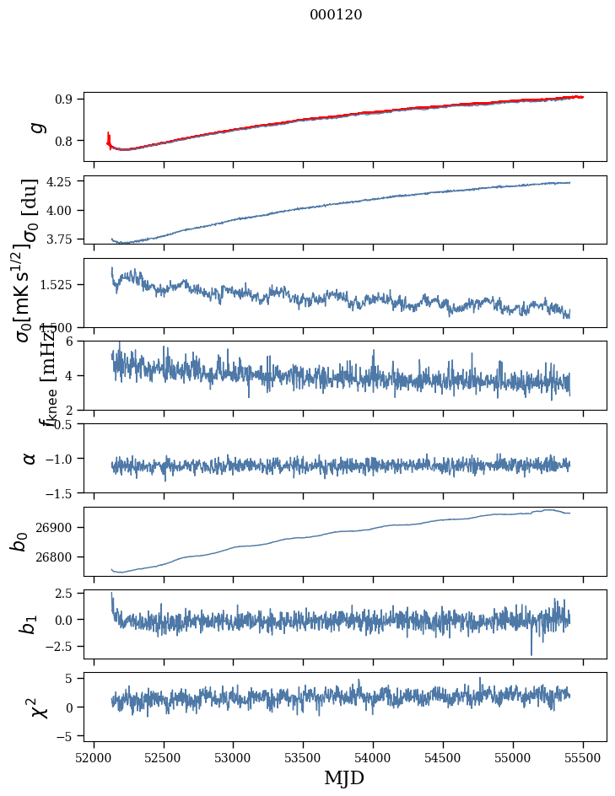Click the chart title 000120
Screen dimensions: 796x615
point(336,15)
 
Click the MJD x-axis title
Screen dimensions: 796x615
point(344,777)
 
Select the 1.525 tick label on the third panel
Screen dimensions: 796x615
point(59,285)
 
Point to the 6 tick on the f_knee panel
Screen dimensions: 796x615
point(74,341)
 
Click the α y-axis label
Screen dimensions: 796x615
point(30,458)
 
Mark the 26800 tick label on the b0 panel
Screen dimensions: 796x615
point(57,557)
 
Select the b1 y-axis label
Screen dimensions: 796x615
point(30,624)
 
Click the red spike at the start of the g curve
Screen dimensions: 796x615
point(109,137)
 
